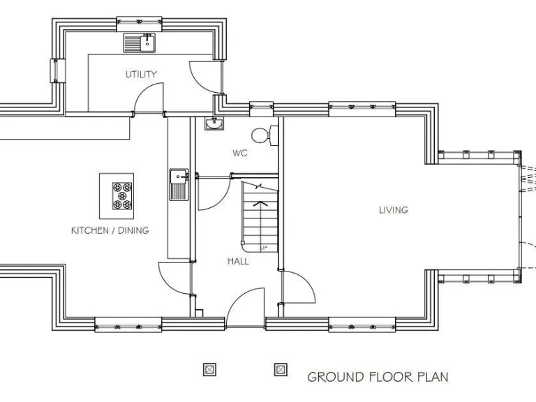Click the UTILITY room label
coord(141,74)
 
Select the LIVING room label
coord(393,209)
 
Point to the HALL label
coord(237,261)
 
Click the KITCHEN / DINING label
coord(110,230)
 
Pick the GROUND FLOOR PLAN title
coord(378,377)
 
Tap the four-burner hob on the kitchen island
coord(121,195)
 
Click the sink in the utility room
coord(140,43)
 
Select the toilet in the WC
coord(261,133)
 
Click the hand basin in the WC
coord(214,124)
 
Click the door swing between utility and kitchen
coord(148,99)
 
